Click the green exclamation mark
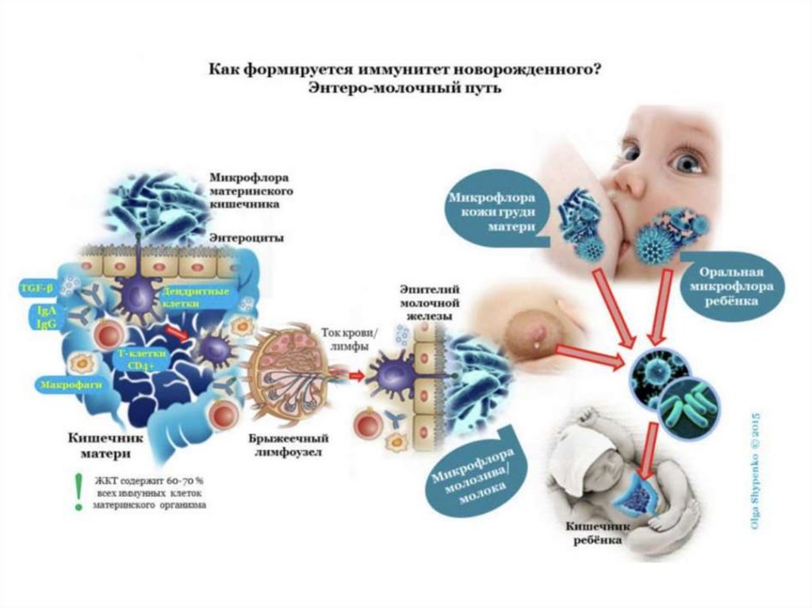[x=77, y=492]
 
